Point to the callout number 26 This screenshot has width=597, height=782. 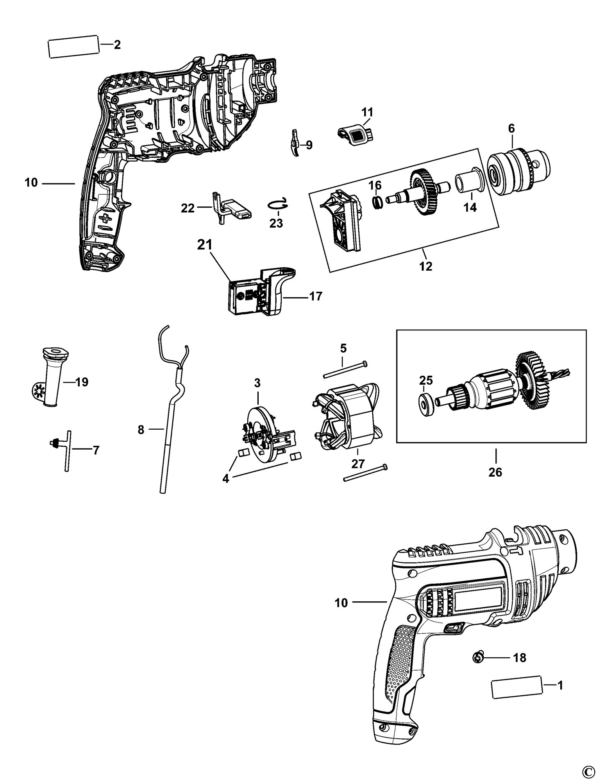pos(495,472)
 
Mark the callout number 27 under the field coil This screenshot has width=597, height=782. pos(358,464)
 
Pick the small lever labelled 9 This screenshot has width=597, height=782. pos(295,143)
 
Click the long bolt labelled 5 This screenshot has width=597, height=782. pos(345,369)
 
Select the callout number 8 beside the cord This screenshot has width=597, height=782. pos(141,430)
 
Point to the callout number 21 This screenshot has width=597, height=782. pos(204,245)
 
